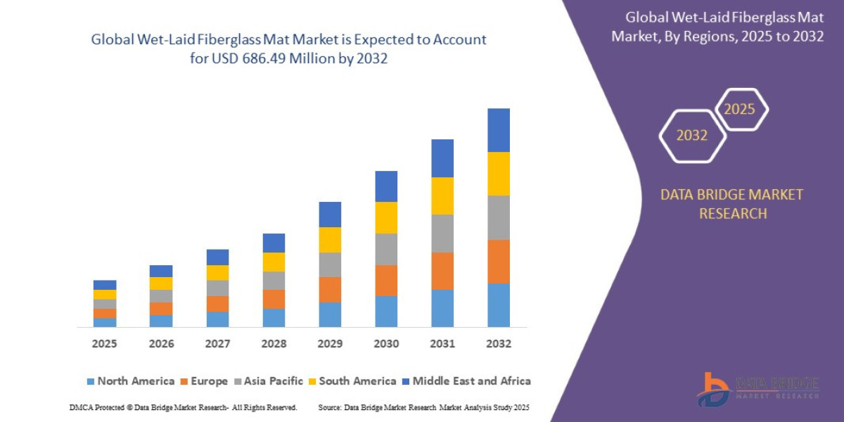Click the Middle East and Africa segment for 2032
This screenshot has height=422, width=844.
click(498, 130)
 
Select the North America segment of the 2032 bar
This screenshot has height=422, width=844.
click(498, 305)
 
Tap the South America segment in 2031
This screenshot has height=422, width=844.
click(442, 196)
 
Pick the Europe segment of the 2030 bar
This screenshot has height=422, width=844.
click(386, 280)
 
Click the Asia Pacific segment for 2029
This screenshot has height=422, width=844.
click(330, 264)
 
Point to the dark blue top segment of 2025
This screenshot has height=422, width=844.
click(105, 285)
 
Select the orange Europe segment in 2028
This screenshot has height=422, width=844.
click(274, 299)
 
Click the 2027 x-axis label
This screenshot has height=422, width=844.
click(217, 344)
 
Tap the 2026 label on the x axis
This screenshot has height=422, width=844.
click(161, 344)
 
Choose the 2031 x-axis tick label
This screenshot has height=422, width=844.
click(442, 344)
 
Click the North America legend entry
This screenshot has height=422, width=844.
click(130, 381)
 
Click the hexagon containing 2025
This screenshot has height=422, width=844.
click(740, 110)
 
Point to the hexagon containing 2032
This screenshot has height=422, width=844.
click(692, 136)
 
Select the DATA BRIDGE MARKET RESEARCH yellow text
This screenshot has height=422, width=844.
click(731, 204)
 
